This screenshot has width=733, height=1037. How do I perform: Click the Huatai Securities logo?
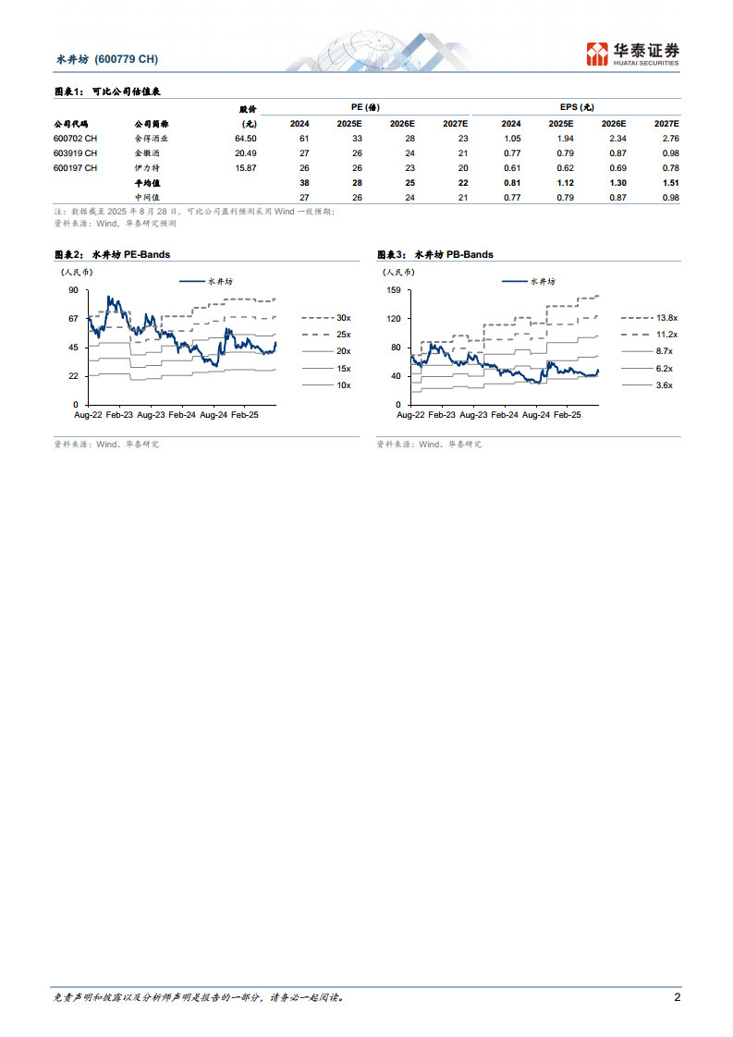pos(634,55)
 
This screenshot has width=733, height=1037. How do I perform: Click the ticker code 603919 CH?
pos(75,152)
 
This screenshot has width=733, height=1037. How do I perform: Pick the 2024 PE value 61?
pos(303,138)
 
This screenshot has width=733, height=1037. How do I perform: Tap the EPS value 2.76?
pos(666,138)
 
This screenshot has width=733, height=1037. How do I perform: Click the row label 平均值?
pos(147,183)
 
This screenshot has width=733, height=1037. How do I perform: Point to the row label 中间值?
pos(147,197)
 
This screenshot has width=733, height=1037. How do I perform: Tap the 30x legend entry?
pos(343,317)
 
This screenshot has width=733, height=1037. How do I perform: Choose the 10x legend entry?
pos(343,384)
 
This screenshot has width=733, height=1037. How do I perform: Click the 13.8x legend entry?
pos(666,317)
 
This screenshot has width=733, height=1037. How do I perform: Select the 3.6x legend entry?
pos(664,384)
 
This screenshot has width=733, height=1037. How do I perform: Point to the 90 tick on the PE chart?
pos(73,290)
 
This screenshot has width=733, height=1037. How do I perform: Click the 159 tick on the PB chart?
pos(394,290)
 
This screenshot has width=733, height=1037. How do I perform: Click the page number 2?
pos(677,997)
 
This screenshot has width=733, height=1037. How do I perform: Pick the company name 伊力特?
pos(147,168)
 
